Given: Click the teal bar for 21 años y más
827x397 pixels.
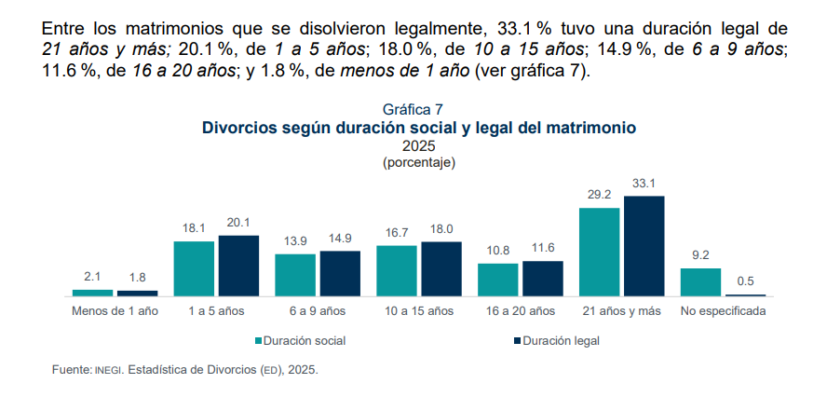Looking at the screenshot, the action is pos(599,252).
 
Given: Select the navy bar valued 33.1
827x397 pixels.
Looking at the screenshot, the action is pos(644,246).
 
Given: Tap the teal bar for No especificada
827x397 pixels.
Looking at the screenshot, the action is pos(700,282).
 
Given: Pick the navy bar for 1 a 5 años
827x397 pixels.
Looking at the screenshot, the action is pos(239,266).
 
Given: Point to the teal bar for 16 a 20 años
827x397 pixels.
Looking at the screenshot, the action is pos(498,280).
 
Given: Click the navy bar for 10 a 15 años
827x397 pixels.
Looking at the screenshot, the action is pos(441,268).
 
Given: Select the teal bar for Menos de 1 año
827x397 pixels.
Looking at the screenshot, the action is pos(93,293).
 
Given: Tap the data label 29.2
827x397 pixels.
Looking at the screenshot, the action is pos(599,195).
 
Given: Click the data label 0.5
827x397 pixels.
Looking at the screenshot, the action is pos(745,281).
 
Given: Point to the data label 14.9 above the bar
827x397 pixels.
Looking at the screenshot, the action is pos(340,238).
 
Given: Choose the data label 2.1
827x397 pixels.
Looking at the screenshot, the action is pos(93,277).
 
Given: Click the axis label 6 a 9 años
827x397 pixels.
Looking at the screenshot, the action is pos(318,311).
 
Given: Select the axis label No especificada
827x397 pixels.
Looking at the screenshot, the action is pos(723,311).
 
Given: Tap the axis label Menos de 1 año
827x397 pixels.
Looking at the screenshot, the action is pos(115,311).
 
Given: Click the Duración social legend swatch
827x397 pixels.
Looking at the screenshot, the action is pos(259,341).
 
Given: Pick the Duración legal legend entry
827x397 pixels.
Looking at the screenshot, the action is pos(557,341).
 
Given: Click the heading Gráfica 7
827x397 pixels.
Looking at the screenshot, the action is pos(413,109).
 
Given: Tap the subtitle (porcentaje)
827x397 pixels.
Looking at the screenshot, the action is pos(419,162).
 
